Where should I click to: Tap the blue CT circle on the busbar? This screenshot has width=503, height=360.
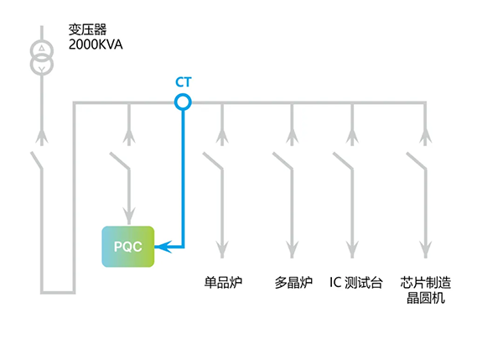[x=183, y=102]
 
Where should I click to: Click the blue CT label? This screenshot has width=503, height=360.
[x=183, y=82]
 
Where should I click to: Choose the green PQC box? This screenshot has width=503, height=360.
[x=128, y=247]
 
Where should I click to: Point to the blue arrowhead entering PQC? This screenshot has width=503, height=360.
[x=163, y=247]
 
